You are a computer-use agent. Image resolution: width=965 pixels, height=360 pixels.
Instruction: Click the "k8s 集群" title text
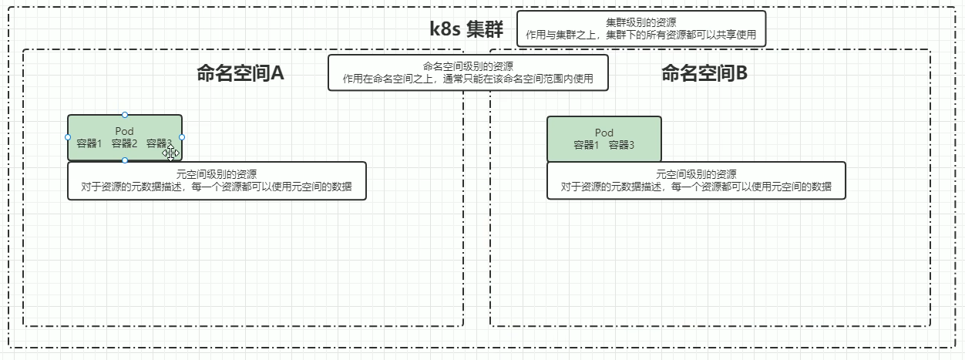(x=466, y=29)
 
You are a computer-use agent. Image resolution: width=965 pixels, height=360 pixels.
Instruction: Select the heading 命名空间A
(x=240, y=73)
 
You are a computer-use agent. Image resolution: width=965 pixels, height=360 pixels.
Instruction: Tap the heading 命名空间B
(x=704, y=73)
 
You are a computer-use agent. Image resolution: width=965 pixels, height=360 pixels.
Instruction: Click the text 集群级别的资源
(x=641, y=22)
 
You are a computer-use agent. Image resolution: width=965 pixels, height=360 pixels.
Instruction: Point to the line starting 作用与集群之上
(x=641, y=35)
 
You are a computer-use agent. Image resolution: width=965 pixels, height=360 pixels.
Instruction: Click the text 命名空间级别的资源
(x=468, y=66)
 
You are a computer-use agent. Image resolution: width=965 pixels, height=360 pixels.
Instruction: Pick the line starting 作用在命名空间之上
(x=468, y=79)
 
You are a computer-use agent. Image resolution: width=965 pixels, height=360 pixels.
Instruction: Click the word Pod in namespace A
(x=124, y=131)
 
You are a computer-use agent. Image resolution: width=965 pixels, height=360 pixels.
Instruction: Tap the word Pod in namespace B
(x=604, y=133)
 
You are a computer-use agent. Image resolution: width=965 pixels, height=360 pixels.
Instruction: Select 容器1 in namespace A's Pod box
(x=89, y=143)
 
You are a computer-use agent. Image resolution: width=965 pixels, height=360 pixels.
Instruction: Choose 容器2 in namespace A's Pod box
(x=124, y=143)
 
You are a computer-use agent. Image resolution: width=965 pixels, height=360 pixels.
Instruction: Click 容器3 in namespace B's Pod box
(x=621, y=145)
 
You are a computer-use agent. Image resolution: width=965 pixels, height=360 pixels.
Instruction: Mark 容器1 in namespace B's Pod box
(x=587, y=145)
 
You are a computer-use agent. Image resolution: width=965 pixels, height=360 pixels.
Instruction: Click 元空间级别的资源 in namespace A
(x=217, y=174)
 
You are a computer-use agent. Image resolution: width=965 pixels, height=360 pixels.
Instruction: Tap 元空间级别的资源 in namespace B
(x=696, y=174)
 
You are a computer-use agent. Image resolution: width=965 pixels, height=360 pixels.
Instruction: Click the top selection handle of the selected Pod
(x=125, y=115)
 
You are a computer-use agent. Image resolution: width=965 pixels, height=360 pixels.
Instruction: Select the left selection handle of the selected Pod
(x=68, y=137)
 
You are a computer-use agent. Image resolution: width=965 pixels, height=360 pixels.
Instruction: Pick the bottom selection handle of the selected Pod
(x=125, y=160)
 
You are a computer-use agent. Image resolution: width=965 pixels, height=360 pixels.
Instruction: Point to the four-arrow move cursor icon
(x=170, y=153)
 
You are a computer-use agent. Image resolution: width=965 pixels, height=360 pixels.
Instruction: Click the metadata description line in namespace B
(x=696, y=187)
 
